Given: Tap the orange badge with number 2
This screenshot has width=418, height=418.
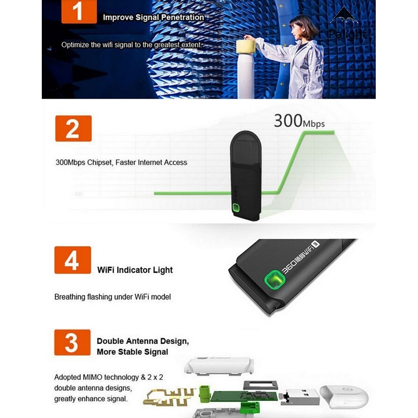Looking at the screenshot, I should (73, 128).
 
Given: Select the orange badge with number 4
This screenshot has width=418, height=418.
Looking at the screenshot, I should (73, 260).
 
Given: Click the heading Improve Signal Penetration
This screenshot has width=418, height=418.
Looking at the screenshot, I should (153, 18).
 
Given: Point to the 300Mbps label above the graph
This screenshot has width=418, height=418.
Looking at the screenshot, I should (299, 121).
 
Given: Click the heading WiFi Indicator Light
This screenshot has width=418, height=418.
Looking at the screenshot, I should (135, 270).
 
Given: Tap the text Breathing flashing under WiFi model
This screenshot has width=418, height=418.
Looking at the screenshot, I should (112, 297).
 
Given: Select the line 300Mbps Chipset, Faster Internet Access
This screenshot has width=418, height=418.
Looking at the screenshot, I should (121, 163).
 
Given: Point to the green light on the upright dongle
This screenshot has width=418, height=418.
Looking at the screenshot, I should (237, 208).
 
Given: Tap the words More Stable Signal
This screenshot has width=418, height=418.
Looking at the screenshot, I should (132, 352).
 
